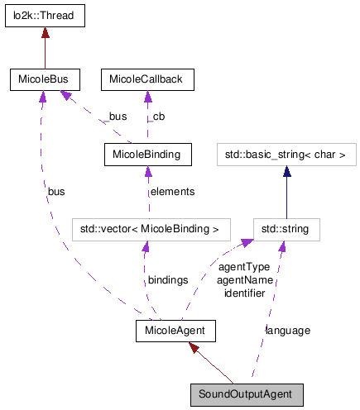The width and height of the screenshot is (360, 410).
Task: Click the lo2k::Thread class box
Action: point(45,14)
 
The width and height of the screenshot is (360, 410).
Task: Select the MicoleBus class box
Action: point(45,80)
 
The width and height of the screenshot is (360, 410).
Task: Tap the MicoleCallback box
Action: point(147,80)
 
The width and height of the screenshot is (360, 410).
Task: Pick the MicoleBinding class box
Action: point(147,154)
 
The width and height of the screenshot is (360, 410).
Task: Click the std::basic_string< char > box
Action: point(286,154)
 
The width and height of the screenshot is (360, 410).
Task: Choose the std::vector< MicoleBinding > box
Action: point(148,228)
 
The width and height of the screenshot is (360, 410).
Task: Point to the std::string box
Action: point(286,228)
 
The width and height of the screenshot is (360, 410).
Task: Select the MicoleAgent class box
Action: point(175,331)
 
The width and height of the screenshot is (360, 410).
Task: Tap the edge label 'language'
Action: point(288,331)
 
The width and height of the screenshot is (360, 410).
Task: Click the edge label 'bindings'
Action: point(167,281)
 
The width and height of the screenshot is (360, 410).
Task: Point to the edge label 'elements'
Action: point(172,192)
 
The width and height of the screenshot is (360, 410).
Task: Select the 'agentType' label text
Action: point(244,268)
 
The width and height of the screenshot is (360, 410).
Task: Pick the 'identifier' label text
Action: point(244,293)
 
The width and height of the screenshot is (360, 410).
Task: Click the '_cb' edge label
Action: point(156,117)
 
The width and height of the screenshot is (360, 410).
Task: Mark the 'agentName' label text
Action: point(244,280)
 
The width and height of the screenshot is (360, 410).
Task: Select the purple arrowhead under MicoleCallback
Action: point(147,96)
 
